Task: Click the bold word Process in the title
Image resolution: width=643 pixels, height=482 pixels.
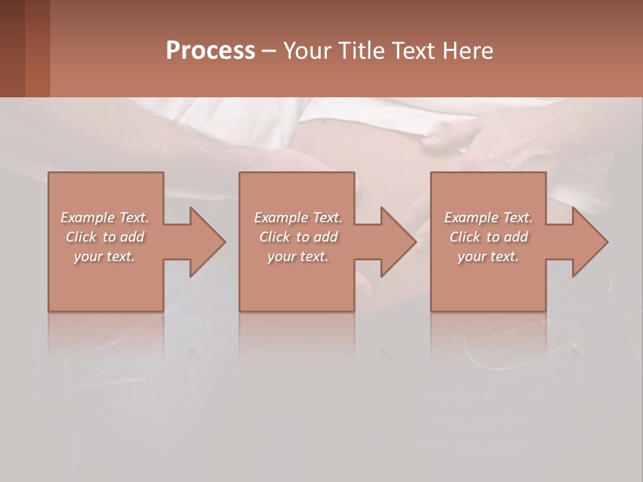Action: (x=210, y=51)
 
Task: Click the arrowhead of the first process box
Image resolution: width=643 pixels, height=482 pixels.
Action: (x=205, y=242)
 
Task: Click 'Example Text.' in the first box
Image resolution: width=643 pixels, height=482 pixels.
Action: (x=104, y=218)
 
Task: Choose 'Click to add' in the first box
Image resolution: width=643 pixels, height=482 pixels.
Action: (x=104, y=237)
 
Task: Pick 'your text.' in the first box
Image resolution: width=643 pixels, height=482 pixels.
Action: (x=104, y=256)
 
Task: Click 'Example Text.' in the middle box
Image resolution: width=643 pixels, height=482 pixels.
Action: (x=297, y=218)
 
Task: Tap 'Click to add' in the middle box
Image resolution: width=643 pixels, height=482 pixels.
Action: (x=297, y=237)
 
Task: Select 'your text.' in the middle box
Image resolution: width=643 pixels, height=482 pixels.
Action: (x=297, y=256)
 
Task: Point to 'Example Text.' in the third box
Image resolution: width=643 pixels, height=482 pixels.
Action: (x=488, y=218)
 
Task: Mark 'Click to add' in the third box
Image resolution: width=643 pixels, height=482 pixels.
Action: (x=488, y=237)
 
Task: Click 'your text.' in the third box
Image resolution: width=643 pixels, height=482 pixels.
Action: (x=488, y=256)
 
